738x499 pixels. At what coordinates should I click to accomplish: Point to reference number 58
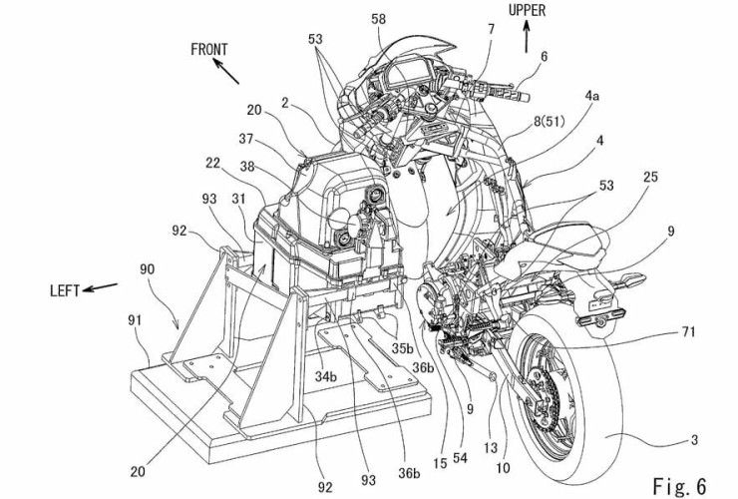(x=378, y=20)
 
